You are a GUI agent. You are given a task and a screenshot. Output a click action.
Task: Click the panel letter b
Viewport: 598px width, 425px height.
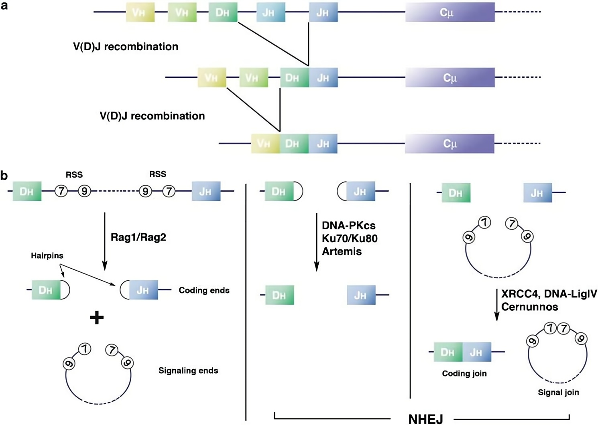pos(4,175)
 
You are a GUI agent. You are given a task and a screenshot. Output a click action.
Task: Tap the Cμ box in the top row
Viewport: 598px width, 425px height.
pos(450,12)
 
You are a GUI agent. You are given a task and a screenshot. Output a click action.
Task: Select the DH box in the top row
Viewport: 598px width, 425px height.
pos(223,12)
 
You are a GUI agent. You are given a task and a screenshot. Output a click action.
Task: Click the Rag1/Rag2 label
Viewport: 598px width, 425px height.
pos(138,237)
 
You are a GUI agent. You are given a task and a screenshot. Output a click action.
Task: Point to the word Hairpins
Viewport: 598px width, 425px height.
pos(47,256)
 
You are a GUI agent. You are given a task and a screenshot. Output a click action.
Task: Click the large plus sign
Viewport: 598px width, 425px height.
pos(97,318)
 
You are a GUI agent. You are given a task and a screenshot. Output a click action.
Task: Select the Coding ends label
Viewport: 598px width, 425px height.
pos(204,290)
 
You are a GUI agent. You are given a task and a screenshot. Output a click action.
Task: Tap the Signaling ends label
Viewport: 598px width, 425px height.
pos(188,370)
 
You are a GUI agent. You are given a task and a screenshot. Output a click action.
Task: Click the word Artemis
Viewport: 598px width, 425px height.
pos(342,251)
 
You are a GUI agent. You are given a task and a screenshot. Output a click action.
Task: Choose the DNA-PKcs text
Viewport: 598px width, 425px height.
pos(348,226)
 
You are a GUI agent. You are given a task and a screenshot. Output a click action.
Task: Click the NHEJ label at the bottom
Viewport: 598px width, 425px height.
pos(425,419)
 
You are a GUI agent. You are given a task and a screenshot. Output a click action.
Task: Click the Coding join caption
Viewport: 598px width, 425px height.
pos(464,373)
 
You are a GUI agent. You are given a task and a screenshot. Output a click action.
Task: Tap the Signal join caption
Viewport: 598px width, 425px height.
pos(558,393)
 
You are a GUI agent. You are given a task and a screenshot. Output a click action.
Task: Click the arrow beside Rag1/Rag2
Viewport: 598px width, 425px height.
pos(105,241)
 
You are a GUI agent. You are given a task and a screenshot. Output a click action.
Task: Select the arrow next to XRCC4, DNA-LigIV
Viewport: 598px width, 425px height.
pos(497,305)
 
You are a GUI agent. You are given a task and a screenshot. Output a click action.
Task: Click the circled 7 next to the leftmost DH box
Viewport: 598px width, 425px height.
pos(61,191)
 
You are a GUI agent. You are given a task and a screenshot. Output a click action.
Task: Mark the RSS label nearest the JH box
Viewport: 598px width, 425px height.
pos(157,174)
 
